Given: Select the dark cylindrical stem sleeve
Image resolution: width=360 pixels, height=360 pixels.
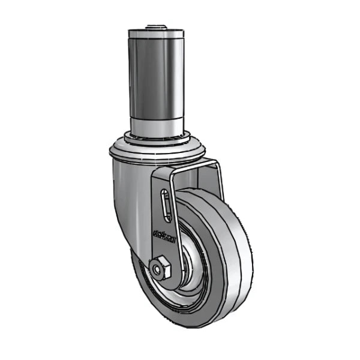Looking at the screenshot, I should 155,78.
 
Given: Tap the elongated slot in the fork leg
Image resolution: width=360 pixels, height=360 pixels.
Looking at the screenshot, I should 164,208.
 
